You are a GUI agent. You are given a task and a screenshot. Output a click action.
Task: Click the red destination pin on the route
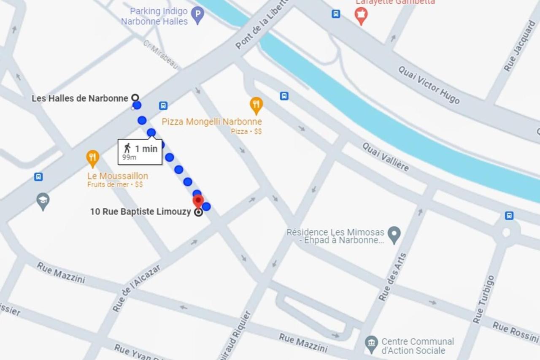click(198, 201)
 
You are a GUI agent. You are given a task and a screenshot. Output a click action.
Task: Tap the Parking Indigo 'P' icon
click(197, 16)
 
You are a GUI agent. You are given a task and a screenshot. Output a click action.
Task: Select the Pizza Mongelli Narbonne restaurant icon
click(256, 105)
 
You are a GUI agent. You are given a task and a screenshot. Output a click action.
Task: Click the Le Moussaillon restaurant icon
click(92, 158)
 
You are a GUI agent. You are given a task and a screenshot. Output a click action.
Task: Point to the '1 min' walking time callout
click(140, 152)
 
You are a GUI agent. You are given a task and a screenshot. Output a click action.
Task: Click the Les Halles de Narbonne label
click(80, 98)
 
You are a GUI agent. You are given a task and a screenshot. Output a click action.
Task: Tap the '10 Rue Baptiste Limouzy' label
click(140, 212)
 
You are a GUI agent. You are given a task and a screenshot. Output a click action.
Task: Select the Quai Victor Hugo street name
click(429, 85)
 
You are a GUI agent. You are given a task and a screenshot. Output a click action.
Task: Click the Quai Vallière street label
click(386, 157)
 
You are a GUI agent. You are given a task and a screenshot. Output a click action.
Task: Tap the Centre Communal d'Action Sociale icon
click(371, 344)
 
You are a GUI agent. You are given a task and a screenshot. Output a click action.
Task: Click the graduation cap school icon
click(43, 201)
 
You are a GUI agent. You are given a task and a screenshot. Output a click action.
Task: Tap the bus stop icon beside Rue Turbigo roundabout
click(509, 216)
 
